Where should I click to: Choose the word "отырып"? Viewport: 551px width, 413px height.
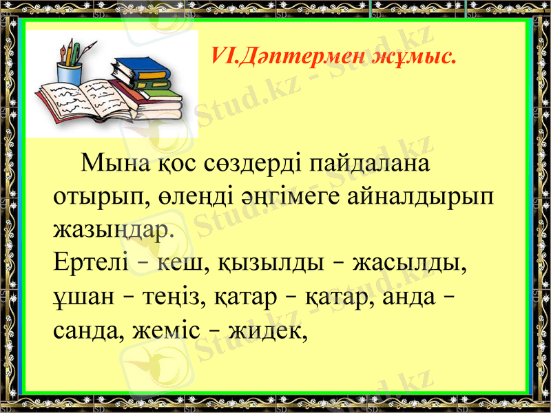point(96,196)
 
